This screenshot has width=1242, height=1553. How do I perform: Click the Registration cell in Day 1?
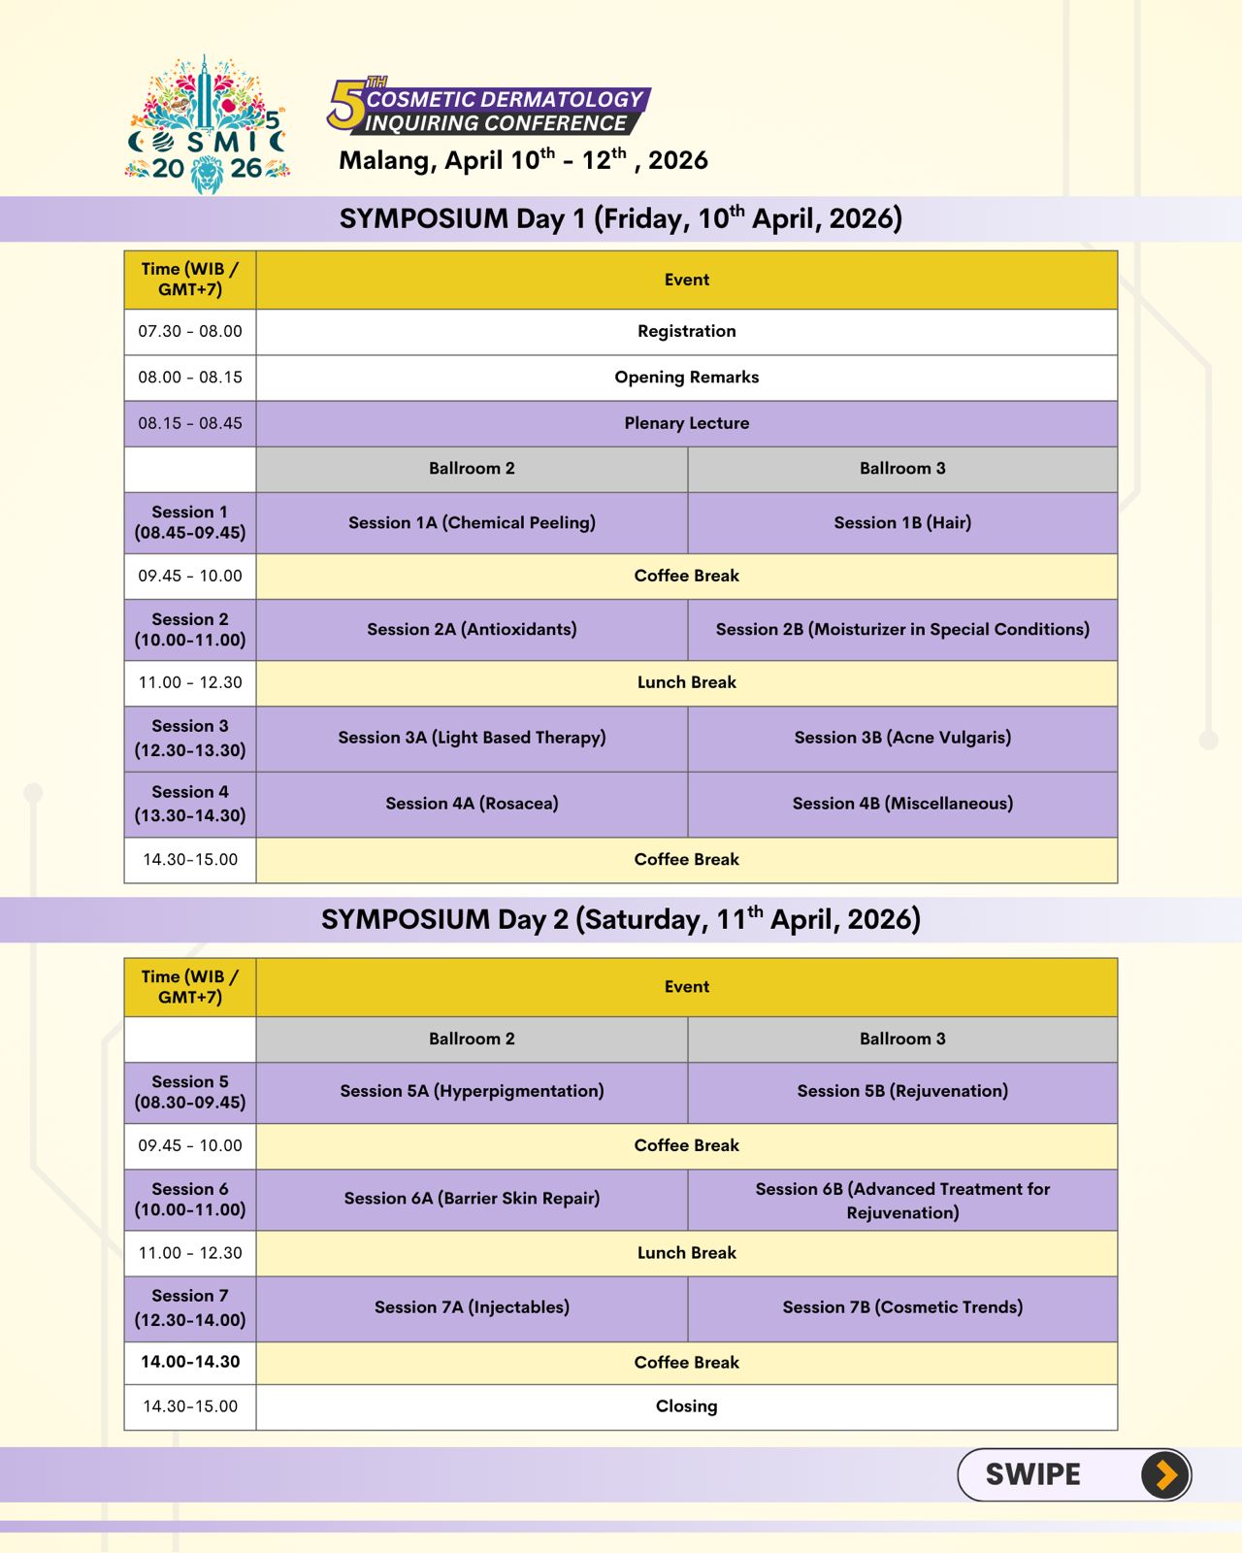[x=686, y=331]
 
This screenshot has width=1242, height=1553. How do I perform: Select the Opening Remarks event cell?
[x=686, y=377]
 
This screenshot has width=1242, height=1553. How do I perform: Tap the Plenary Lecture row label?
[x=686, y=423]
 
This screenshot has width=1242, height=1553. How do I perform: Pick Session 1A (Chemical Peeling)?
[x=472, y=522]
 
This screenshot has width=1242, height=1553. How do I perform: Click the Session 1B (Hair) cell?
[x=902, y=522]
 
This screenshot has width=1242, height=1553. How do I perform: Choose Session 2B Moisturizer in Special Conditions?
[x=902, y=629]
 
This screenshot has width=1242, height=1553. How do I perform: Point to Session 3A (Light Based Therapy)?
[x=472, y=738]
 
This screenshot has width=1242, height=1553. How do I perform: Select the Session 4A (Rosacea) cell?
[x=472, y=804]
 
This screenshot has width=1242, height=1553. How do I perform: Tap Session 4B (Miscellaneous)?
[x=902, y=804]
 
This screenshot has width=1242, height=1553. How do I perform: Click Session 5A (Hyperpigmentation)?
[x=472, y=1091]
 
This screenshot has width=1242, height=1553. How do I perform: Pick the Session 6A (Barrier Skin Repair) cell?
[x=472, y=1199]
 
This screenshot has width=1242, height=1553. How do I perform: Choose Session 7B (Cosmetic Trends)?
[x=902, y=1307]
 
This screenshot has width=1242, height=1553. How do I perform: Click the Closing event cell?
[x=686, y=1406]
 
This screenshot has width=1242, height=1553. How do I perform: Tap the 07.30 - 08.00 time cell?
[x=190, y=331]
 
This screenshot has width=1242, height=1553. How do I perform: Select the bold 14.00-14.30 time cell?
[x=190, y=1362]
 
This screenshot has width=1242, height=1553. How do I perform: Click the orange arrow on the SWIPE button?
[x=1165, y=1475]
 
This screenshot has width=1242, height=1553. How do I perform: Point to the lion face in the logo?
[x=207, y=175]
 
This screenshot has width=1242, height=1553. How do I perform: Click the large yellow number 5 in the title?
[x=345, y=105]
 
